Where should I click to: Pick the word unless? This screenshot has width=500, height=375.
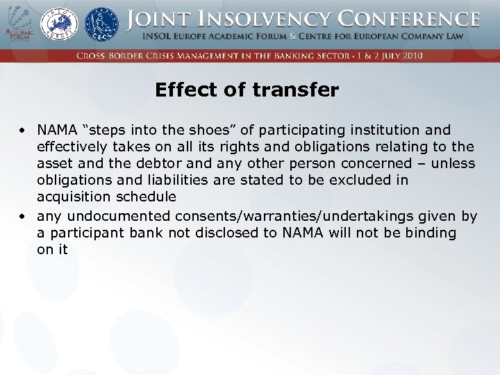(453, 163)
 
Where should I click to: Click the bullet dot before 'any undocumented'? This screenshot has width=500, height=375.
(23, 216)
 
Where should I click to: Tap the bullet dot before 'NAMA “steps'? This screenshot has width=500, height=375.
(23, 130)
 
